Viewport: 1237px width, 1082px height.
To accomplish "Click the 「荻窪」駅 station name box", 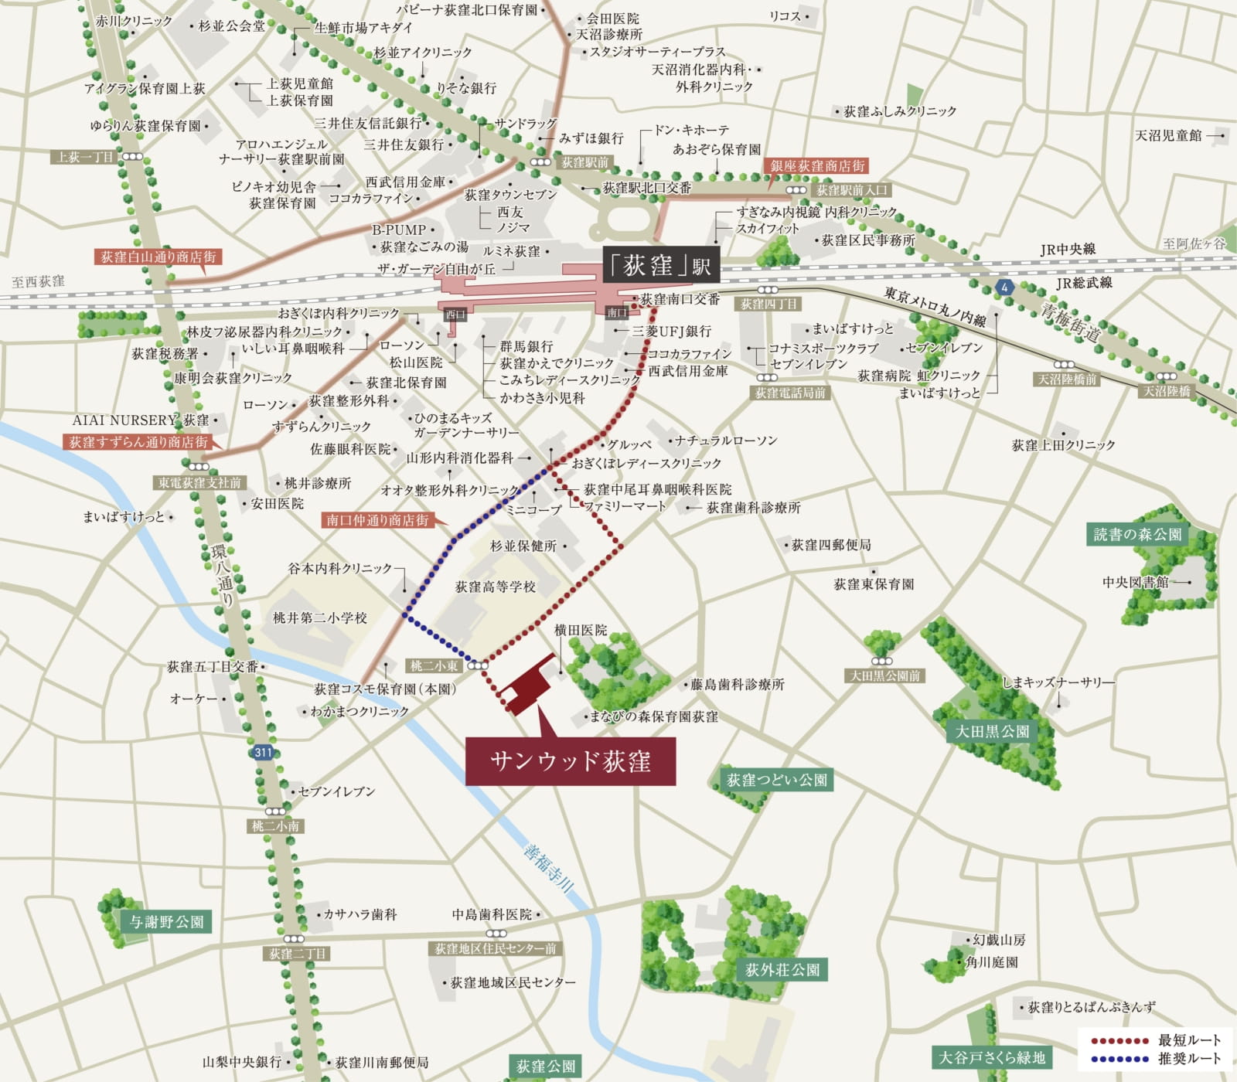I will [660, 266].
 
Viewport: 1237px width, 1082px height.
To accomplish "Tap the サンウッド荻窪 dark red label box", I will [571, 761].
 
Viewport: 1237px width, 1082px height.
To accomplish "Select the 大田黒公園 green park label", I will [992, 731].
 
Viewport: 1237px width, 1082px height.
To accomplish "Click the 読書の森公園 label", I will [1137, 534].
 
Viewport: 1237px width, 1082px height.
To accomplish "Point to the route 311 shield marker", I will [264, 752].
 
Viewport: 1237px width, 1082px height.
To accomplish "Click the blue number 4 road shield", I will [1004, 288].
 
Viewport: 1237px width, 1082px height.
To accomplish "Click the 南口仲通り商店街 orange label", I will [377, 520].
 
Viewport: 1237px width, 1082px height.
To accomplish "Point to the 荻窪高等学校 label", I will [496, 587].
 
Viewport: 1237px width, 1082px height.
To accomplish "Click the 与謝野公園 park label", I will [166, 922].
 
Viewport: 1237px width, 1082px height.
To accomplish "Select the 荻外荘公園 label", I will [782, 969].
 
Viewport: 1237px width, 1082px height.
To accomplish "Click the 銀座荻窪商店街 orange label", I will [817, 166].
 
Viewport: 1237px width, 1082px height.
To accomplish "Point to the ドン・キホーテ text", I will [691, 130].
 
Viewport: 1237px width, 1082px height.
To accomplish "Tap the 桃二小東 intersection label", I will [434, 665].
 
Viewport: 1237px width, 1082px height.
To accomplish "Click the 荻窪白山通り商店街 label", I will [158, 257].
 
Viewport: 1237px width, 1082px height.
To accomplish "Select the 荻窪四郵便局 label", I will [831, 545].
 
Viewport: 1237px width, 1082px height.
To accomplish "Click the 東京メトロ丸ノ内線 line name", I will [935, 307].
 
